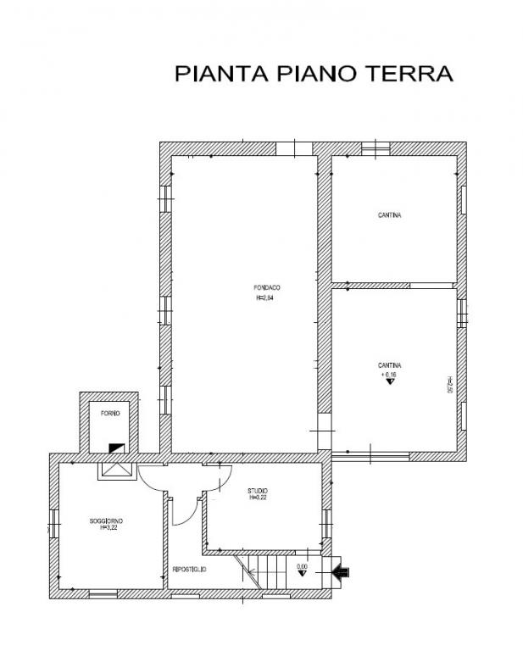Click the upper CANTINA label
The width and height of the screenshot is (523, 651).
(x=389, y=215)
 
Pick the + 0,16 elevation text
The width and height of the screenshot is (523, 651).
(x=389, y=374)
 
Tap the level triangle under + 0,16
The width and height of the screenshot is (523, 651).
(x=390, y=383)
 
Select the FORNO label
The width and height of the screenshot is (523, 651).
(x=109, y=413)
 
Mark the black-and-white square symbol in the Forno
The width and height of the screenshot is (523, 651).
(x=114, y=447)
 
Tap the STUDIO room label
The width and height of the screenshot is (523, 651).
(x=258, y=492)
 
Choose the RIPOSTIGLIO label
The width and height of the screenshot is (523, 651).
(x=190, y=570)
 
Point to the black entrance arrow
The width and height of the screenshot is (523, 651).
(x=341, y=573)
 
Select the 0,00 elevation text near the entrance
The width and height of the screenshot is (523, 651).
(x=302, y=566)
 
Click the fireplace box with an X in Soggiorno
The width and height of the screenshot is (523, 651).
(x=114, y=470)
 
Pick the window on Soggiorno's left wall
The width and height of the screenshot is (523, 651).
(x=53, y=522)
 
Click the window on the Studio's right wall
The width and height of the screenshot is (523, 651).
(x=326, y=519)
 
